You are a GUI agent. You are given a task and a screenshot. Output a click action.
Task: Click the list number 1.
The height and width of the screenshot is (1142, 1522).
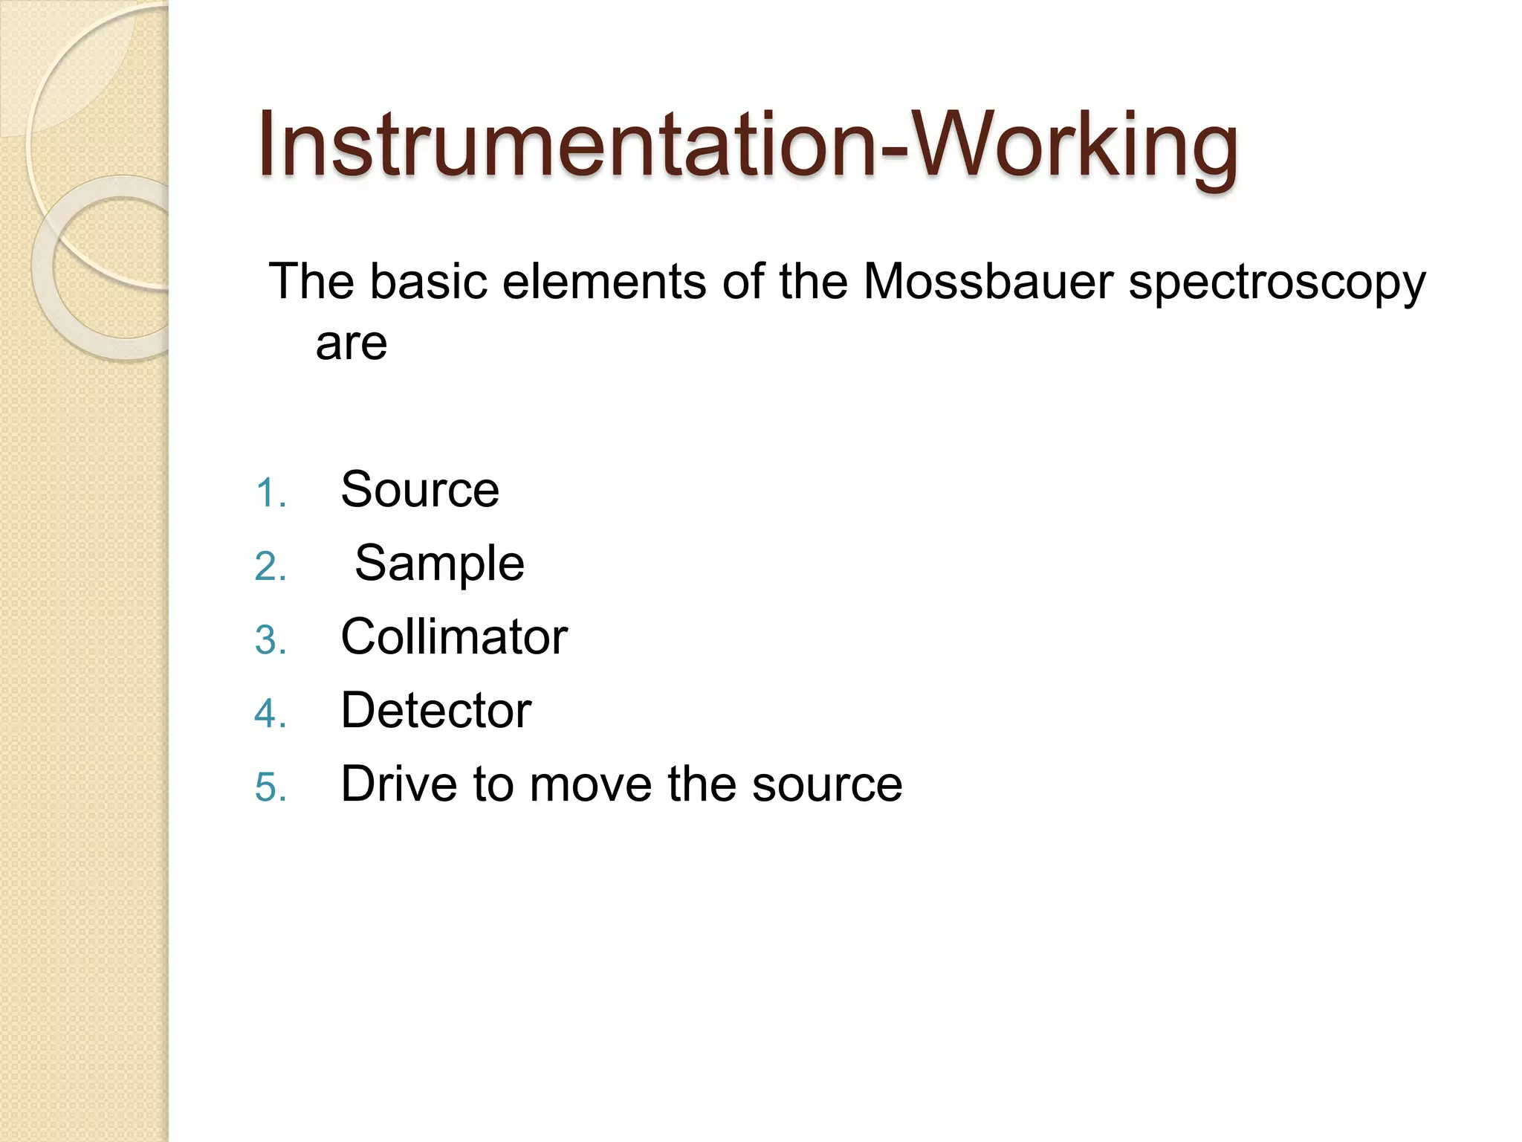[x=270, y=494]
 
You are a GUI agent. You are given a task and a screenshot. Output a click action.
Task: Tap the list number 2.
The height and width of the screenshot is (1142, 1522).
[x=270, y=567]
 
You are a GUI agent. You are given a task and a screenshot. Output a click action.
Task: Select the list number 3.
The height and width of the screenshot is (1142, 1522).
[x=270, y=641]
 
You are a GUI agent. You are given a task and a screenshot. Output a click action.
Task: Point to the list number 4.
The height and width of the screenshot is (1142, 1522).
[x=270, y=714]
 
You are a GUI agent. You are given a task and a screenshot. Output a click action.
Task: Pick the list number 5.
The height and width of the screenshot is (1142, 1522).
[x=270, y=787]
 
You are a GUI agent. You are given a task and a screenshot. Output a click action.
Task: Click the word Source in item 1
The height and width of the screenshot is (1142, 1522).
[x=420, y=490]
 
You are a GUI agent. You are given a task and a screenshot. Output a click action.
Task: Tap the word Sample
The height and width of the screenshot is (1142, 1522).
[x=439, y=563]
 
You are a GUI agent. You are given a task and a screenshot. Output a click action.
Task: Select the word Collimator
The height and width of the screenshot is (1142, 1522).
[x=454, y=636]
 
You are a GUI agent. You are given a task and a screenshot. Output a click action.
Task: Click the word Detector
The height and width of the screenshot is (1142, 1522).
[x=436, y=710]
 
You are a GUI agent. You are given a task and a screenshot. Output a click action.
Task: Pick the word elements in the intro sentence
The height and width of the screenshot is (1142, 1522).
[x=603, y=282]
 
